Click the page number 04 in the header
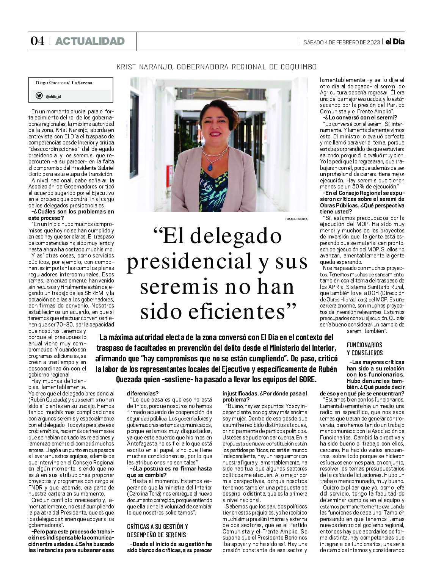point(37,41)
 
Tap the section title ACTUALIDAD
point(90,41)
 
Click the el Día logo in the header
point(395,42)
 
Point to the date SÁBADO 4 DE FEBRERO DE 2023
point(341,42)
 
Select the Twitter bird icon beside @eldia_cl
point(39,96)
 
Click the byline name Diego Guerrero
point(52,83)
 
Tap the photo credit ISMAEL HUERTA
point(296,219)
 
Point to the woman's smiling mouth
point(215,134)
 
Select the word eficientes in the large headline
point(218,312)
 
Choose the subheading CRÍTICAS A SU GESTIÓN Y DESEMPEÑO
point(157,530)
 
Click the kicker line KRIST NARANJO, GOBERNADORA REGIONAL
point(216,67)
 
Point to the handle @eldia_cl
point(53,96)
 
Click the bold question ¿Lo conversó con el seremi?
point(358,118)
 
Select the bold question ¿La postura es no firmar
point(169,472)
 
